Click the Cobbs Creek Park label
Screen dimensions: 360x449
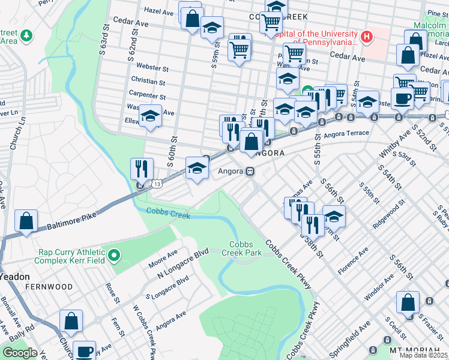245,248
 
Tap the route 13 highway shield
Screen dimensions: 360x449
156,182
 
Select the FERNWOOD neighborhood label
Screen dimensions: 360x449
49,287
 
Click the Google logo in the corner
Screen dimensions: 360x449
19,353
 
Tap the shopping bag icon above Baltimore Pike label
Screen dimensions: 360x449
26,221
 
